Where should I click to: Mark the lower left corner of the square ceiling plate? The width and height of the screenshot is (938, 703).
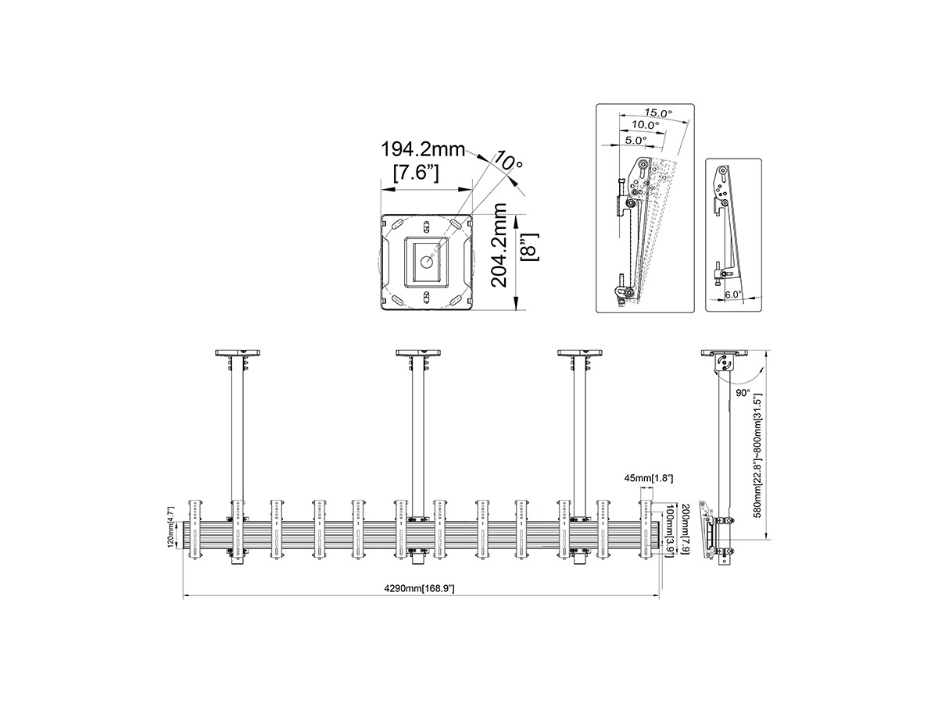pos(381,310)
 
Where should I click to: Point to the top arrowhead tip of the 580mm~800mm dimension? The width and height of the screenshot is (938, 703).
pos(768,351)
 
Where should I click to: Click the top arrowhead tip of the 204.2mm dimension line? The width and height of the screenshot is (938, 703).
pos(517,215)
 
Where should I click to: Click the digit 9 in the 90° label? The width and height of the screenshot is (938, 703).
pos(738,393)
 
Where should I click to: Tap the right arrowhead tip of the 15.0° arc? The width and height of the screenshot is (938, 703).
pos(689,122)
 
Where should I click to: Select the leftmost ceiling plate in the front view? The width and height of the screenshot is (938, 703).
pos(238,352)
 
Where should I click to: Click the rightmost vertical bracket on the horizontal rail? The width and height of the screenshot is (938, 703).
pos(646,530)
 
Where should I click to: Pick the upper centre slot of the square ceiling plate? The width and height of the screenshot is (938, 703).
pos(426,227)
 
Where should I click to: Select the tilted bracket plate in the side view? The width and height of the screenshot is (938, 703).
pos(706,530)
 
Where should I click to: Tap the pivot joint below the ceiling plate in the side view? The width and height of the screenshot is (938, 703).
pos(724,362)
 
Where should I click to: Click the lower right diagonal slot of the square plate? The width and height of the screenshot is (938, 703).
pos(456,300)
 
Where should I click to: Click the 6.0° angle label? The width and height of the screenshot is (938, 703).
pos(733,294)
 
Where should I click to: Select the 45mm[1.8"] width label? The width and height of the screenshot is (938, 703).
pos(649,479)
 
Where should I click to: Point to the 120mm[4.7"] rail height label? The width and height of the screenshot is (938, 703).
pos(171,527)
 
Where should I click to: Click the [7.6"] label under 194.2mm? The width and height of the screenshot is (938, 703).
pos(415,173)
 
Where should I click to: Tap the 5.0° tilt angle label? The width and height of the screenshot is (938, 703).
pos(636,140)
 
